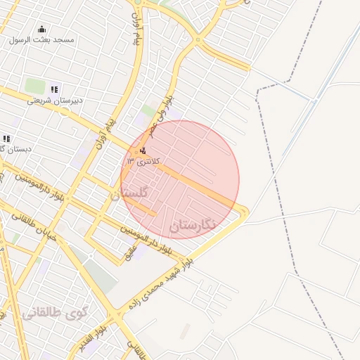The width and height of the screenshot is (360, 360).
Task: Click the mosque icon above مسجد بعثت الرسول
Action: pyautogui.click(x=41, y=30)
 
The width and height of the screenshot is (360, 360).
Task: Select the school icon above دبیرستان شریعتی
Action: pyautogui.click(x=54, y=89)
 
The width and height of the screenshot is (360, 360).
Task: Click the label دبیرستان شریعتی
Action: pyautogui.click(x=55, y=100)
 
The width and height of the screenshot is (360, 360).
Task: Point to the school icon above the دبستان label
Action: pyautogui.click(x=7, y=139)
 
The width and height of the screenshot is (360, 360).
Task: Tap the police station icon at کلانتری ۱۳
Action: pyautogui.click(x=143, y=150)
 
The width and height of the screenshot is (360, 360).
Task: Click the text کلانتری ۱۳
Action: pyautogui.click(x=143, y=161)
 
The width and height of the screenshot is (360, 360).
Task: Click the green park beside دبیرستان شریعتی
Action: pyautogui.click(x=35, y=86)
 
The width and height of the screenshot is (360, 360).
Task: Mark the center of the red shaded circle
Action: pyautogui.click(x=180, y=179)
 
